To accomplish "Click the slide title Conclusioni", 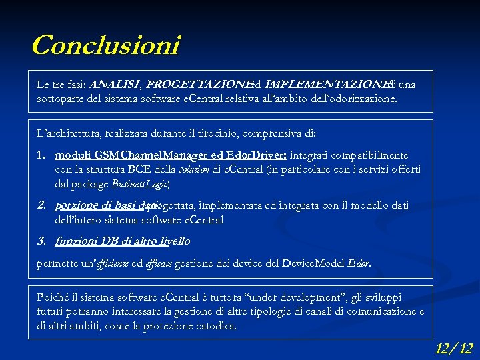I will coord(105,45).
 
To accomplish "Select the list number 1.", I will coord(40,155).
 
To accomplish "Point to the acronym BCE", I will coord(139,169).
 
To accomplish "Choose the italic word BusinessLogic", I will coord(141,183).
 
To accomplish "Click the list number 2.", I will coord(40,205).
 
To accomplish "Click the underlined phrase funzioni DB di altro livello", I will coord(123,241).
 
